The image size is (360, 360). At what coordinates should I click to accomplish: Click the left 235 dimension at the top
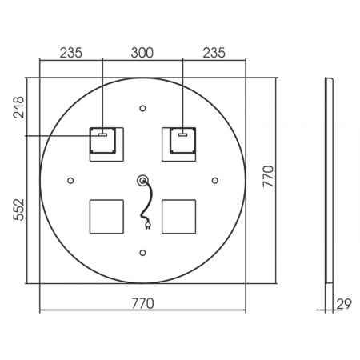71,53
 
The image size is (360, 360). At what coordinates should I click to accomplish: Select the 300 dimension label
142,53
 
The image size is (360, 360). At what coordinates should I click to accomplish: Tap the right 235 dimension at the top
214,53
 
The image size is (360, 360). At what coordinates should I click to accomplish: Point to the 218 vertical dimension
18,107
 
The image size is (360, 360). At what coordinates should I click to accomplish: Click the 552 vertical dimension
18,210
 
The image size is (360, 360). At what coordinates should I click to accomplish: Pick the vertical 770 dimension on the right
268,176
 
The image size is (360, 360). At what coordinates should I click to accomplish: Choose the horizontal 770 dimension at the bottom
143,303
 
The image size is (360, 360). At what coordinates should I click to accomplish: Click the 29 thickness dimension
344,304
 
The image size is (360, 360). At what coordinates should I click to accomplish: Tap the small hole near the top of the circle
142,108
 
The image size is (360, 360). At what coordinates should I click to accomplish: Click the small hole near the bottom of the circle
142,253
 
